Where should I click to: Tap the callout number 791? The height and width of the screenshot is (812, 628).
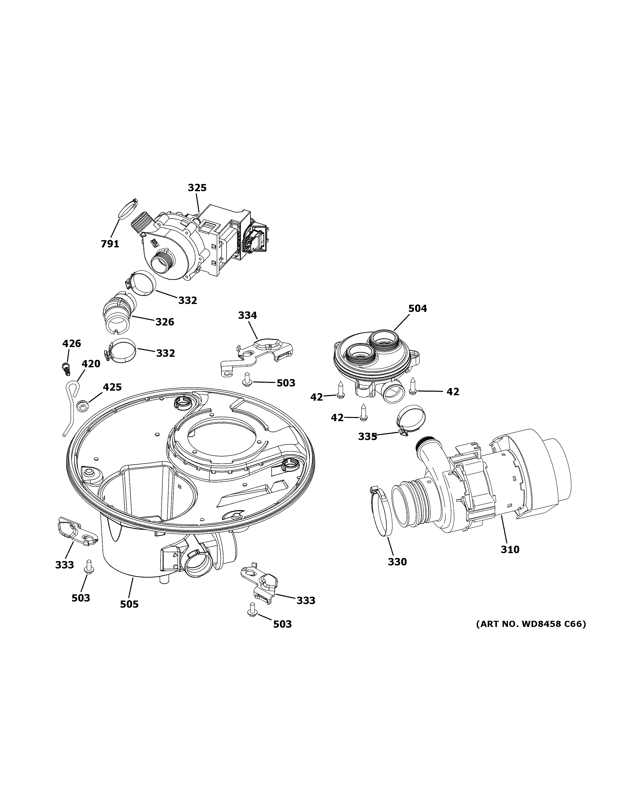110,244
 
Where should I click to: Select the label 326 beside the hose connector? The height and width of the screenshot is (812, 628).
164,322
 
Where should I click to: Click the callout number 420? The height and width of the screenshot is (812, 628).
91,364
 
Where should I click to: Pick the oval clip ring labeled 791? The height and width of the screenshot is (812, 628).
125,210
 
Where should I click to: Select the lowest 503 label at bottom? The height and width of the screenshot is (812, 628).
282,624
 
